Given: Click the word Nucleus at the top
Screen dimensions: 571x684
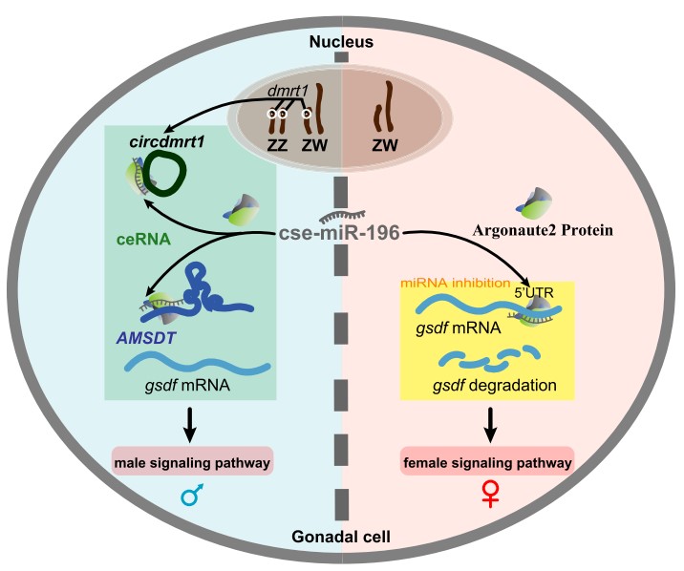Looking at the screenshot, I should pyautogui.click(x=342, y=43).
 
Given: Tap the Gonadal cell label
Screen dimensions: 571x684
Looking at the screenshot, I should pyautogui.click(x=342, y=530).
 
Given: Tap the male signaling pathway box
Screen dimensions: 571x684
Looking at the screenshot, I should pyautogui.click(x=193, y=463).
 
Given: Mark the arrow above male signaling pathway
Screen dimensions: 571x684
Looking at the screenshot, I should pyautogui.click(x=192, y=424).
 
